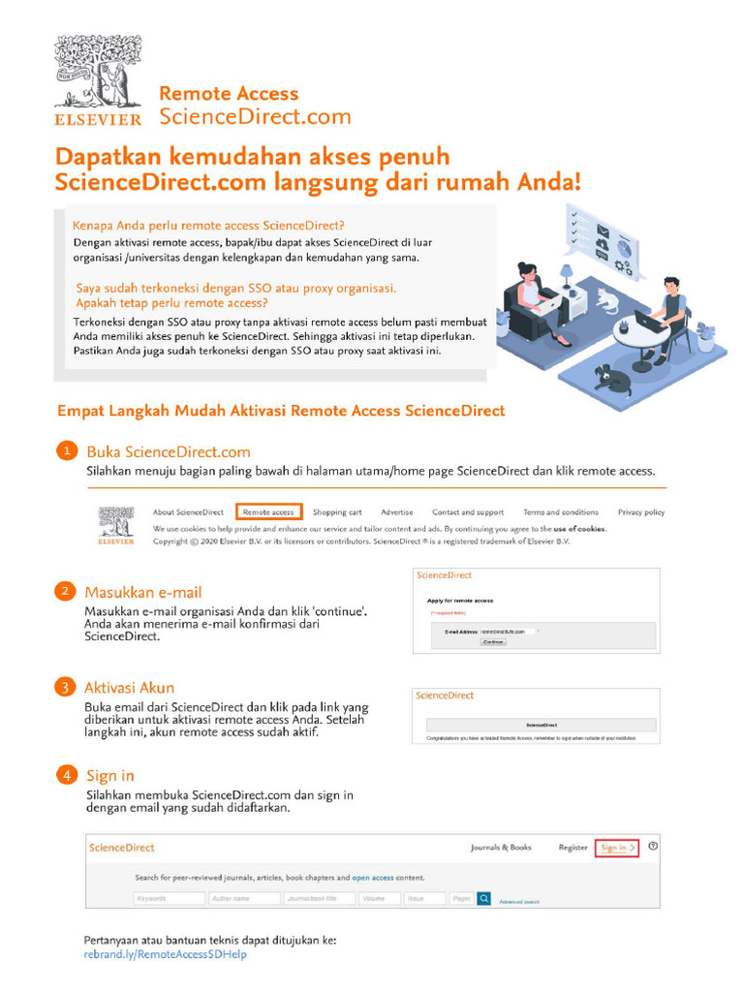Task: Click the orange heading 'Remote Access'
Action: pyautogui.click(x=229, y=94)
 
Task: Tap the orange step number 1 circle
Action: pyautogui.click(x=66, y=451)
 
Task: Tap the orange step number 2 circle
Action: pyautogui.click(x=64, y=591)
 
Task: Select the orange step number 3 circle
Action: pyautogui.click(x=64, y=688)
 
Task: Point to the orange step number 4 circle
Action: pyautogui.click(x=66, y=775)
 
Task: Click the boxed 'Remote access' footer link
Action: pyautogui.click(x=268, y=511)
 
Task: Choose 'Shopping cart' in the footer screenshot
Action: pyautogui.click(x=337, y=511)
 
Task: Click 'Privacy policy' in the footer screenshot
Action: pyautogui.click(x=641, y=511)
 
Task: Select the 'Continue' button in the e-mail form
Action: pyautogui.click(x=493, y=641)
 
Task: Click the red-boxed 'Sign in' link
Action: pyautogui.click(x=617, y=848)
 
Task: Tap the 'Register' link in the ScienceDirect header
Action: pyautogui.click(x=573, y=848)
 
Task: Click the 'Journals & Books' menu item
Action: pyautogui.click(x=501, y=848)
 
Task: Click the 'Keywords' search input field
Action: pyautogui.click(x=168, y=898)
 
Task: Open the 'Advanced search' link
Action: pyautogui.click(x=519, y=901)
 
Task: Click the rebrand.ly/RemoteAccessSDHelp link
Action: pyautogui.click(x=166, y=954)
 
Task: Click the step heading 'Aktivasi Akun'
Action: pyautogui.click(x=130, y=688)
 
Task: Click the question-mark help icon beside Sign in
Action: pyautogui.click(x=654, y=847)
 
